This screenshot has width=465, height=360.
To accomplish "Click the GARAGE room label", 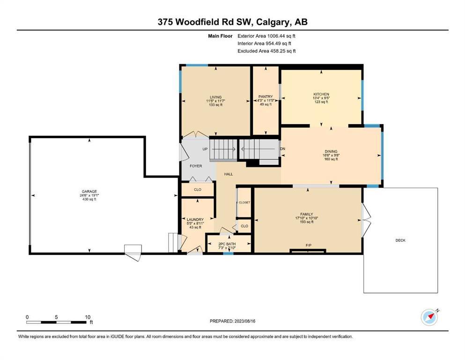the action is (x=89, y=191).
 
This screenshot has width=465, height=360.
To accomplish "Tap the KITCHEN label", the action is (x=321, y=94).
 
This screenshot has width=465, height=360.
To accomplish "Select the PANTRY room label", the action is (x=266, y=97).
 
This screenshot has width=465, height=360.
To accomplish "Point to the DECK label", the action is (x=400, y=240).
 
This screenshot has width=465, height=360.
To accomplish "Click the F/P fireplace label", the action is (x=309, y=246).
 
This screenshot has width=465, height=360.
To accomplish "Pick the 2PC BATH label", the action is (x=227, y=244).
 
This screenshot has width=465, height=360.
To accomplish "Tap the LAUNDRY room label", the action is (x=195, y=220).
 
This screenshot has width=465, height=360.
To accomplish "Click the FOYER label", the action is (x=196, y=166).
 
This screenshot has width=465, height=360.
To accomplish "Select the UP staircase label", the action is (x=205, y=149).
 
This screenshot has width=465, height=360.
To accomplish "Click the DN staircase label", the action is (x=283, y=149).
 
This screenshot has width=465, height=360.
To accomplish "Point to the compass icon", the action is (x=429, y=317).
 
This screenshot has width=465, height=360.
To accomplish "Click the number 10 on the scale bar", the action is (x=88, y=317).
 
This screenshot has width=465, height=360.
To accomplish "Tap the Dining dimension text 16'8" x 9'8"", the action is (x=331, y=155).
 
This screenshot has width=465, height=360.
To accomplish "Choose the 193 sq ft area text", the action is (x=307, y=222).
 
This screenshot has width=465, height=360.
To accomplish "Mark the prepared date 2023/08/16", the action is (x=245, y=321).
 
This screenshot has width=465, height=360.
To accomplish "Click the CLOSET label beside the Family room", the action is (x=244, y=202).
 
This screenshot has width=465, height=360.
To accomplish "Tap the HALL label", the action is (x=229, y=174).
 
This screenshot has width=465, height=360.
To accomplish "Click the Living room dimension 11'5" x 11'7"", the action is (x=215, y=101).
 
